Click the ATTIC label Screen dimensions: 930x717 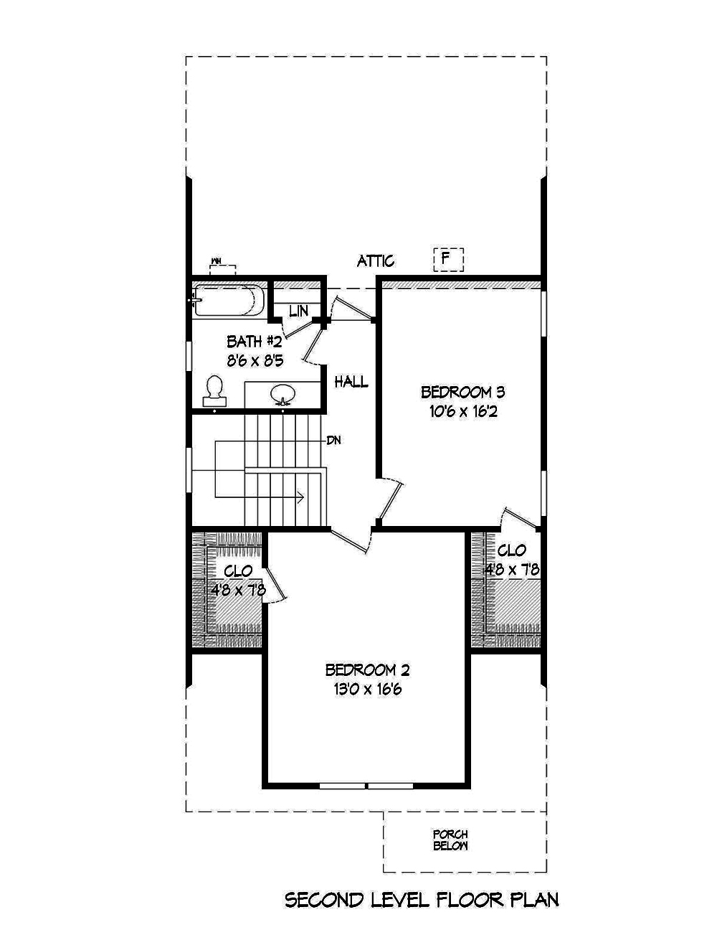point(376,261)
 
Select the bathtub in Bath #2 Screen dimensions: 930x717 point(228,301)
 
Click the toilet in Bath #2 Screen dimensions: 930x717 point(214,390)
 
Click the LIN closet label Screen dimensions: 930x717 point(298,311)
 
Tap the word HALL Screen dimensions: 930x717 point(351,382)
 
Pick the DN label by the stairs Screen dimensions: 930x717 point(333,440)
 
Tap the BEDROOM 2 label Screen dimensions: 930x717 point(367,670)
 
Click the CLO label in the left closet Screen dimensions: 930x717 point(238,571)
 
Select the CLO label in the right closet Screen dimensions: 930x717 point(512,551)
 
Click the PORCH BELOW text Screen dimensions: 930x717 point(450,840)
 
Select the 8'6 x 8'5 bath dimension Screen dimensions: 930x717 point(255,361)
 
